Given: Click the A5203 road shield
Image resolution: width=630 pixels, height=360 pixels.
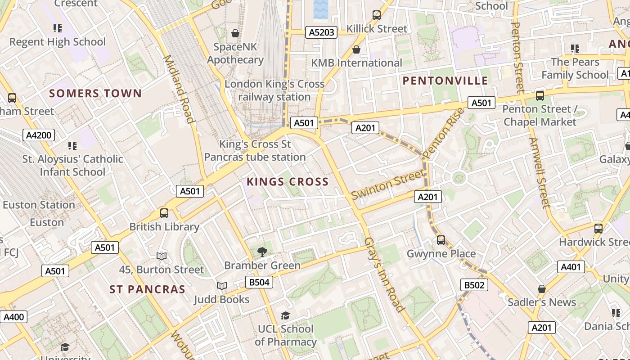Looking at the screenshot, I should (322, 32).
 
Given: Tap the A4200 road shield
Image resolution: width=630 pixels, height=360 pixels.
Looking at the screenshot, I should (39, 135).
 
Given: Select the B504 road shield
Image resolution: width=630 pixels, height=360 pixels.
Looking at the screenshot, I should (259, 282).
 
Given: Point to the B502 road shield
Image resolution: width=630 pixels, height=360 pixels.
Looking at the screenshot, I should (474, 285).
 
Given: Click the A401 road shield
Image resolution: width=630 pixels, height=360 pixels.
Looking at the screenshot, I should (571, 267).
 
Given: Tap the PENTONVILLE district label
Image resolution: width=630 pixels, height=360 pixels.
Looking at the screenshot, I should (445, 81).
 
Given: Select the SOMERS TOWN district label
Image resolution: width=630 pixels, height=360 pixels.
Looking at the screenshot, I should (95, 93).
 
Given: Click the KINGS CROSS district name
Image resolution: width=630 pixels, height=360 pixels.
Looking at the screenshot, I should (288, 182).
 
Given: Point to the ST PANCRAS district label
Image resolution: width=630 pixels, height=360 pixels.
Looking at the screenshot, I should (148, 289).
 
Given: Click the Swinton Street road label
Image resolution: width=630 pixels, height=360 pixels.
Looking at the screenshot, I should (387, 184).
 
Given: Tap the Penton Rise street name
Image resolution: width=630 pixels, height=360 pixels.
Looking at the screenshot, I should (443, 133).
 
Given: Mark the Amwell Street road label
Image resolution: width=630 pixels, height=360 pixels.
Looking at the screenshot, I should (540, 173).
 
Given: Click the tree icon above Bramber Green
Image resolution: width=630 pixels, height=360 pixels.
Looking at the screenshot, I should (262, 252).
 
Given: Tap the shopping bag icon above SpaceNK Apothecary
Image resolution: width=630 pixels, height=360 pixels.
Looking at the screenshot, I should (235, 33).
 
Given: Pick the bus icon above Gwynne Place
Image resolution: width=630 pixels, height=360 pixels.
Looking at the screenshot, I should (441, 240).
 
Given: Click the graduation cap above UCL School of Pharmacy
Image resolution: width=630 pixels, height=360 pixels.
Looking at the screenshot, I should (285, 315).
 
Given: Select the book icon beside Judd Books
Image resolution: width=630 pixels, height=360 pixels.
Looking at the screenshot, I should (221, 286).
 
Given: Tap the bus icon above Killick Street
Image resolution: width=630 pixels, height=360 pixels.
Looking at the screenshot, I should (377, 15).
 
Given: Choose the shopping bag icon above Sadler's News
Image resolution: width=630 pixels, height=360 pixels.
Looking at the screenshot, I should (542, 289).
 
